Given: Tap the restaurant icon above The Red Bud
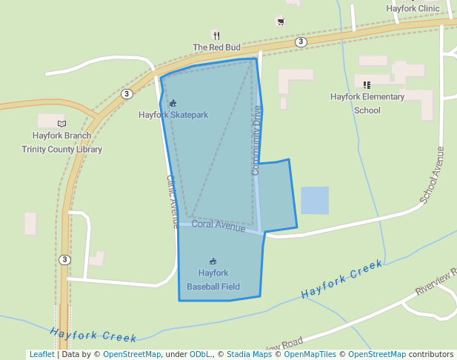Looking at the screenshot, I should (216, 35).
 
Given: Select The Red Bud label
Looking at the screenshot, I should (217, 47).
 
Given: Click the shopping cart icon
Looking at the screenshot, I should (280, 21).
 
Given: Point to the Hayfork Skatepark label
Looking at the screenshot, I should (173, 115).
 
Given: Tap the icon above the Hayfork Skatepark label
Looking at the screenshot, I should (173, 103).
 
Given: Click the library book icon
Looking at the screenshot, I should (61, 124).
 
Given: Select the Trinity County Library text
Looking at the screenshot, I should (62, 149).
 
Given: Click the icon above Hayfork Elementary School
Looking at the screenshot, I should (367, 84).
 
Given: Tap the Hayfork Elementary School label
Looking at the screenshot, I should (367, 104).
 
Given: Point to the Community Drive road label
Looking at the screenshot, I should (256, 141).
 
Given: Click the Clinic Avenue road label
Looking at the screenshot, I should (172, 201).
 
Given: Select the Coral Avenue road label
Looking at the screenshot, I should (219, 225).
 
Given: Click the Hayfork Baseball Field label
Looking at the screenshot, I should (213, 279).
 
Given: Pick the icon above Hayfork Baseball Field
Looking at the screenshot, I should (213, 261).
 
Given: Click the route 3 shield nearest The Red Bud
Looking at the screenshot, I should (301, 42).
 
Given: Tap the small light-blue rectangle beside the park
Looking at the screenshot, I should (315, 200).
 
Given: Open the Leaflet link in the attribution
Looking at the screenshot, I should (41, 354).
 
